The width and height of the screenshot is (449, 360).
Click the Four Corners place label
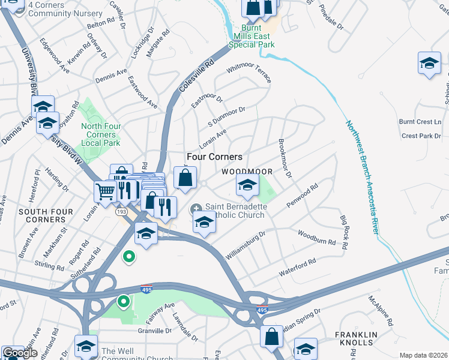click(214, 156)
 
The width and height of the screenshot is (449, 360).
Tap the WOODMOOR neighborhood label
click(247, 172)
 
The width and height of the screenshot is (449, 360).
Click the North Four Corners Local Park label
click(101, 134)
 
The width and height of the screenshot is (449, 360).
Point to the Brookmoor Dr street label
click(285, 159)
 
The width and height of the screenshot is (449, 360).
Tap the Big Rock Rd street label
click(344, 230)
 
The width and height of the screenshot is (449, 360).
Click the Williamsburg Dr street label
click(245, 246)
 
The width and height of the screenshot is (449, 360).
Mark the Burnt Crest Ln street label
click(420, 122)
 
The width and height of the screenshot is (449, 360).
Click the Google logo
click(20, 353)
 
